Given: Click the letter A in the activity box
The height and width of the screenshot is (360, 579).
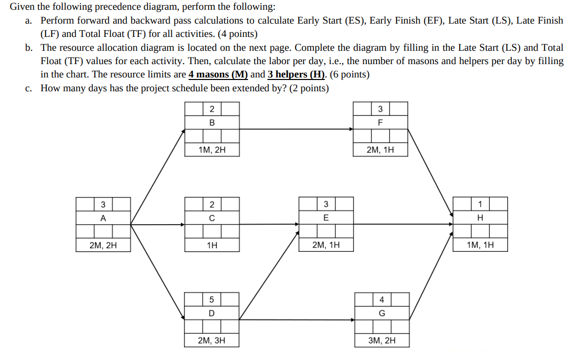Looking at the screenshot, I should [x=103, y=218].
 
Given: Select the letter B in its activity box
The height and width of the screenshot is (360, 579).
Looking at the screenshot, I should [x=212, y=123].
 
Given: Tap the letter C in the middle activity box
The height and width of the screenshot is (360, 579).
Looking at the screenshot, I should [x=212, y=218].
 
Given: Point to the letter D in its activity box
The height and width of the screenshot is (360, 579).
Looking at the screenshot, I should [x=212, y=313].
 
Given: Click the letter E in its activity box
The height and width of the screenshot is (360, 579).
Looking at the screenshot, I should [x=326, y=218].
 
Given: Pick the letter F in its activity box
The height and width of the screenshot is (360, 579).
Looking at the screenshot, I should [x=380, y=123].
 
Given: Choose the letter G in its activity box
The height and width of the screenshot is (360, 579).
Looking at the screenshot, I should [x=382, y=313].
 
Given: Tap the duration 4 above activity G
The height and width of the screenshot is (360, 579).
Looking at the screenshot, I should [x=382, y=299].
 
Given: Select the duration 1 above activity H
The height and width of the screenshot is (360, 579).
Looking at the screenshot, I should [x=480, y=204].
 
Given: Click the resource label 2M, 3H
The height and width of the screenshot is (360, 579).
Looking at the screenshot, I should [x=212, y=340].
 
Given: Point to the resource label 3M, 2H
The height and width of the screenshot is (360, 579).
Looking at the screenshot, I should [x=382, y=340].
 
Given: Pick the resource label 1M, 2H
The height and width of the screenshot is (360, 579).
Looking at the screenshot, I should [x=212, y=150].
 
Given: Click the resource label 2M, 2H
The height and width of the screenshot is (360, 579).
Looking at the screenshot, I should [x=103, y=245].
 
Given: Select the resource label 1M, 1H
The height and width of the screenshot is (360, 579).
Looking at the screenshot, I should [x=480, y=245].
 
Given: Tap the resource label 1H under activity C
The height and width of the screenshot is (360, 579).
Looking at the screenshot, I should [x=212, y=245].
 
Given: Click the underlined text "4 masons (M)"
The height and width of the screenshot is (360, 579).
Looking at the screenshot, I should [x=218, y=74].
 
